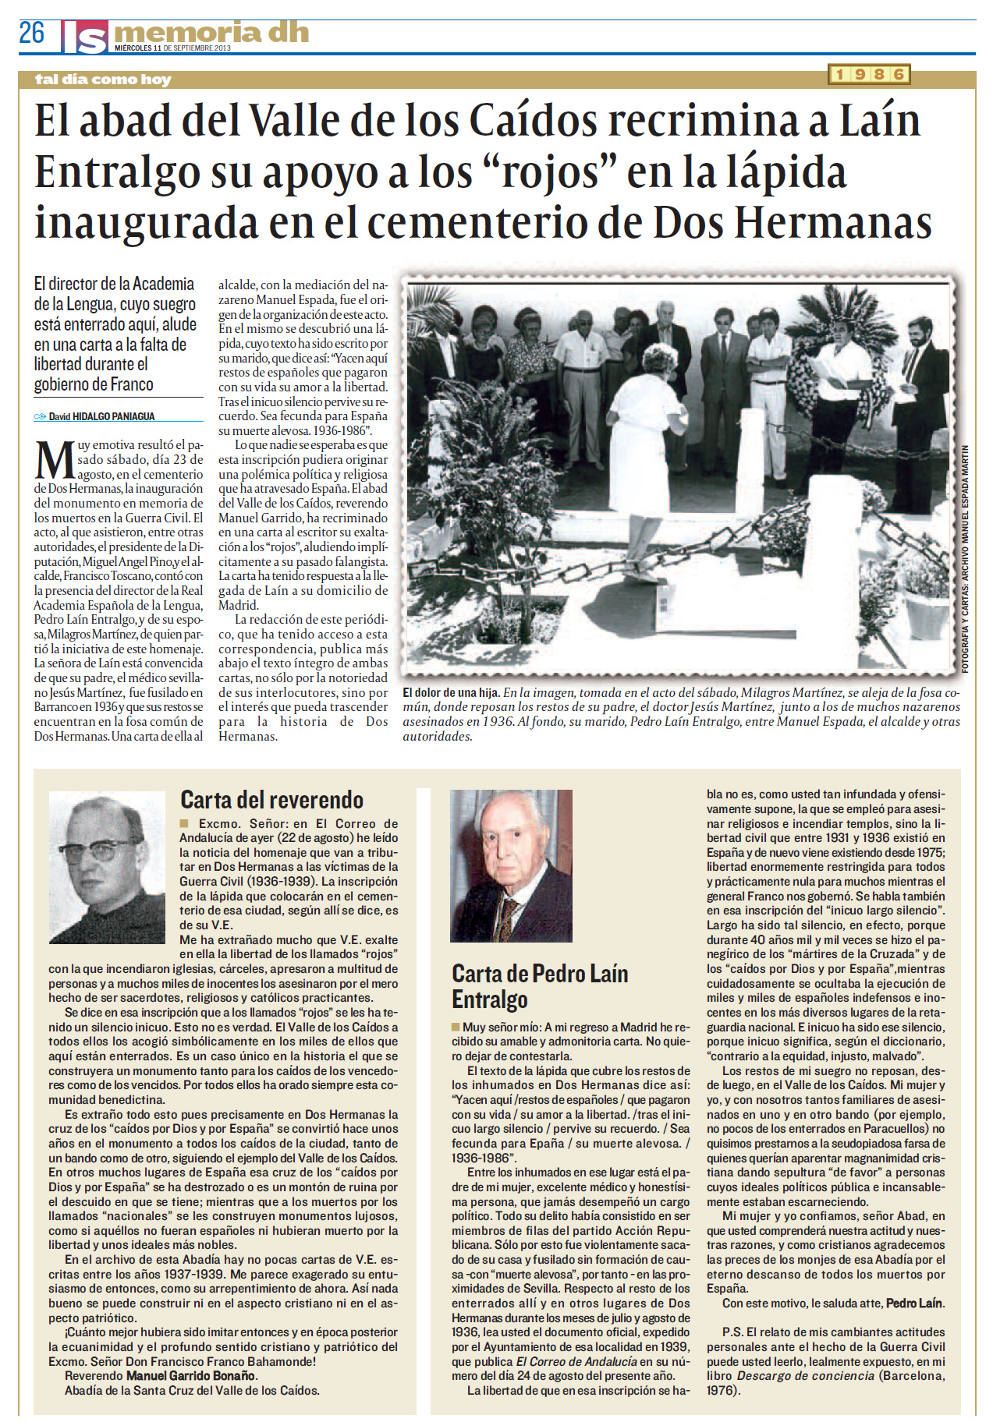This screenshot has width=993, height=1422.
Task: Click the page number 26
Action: click(32, 33)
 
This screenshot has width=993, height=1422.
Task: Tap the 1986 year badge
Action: click(869, 74)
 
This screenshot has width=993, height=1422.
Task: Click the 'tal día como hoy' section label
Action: click(103, 79)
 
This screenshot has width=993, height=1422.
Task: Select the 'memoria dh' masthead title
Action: click(211, 33)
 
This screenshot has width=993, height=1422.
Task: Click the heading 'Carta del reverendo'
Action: click(271, 800)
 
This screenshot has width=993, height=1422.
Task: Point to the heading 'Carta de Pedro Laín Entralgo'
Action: click(539, 986)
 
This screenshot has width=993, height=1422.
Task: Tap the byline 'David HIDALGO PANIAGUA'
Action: click(101, 416)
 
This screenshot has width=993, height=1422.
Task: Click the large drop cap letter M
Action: click(55, 461)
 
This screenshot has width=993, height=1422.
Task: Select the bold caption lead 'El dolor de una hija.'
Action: click(450, 692)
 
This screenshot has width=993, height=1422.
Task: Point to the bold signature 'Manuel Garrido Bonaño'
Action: click(191, 1376)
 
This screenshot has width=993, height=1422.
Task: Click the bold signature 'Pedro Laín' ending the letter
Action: click(914, 1303)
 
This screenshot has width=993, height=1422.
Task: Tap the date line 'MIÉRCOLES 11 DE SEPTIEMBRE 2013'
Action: click(172, 48)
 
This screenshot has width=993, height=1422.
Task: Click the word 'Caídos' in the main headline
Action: click(534, 121)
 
